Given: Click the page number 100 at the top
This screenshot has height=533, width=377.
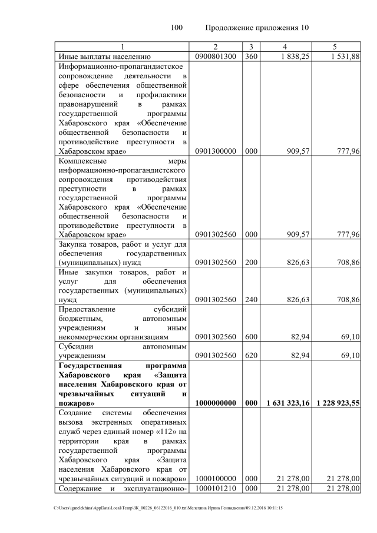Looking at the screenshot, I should [x=177, y=28].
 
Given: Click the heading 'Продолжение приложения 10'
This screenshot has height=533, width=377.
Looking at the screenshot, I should [x=257, y=28].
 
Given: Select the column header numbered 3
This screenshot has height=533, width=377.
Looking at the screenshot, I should [x=250, y=47].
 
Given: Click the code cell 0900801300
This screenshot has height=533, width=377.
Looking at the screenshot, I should [x=215, y=57].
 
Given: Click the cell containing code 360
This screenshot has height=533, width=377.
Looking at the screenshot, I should [x=250, y=57].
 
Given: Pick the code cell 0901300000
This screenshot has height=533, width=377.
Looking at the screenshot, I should [x=215, y=151].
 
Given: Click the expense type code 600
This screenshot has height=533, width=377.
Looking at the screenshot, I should [x=250, y=337].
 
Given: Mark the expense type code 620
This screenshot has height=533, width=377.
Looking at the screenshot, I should [x=250, y=356].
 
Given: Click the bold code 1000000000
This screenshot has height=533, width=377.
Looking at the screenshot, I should [x=215, y=403].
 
